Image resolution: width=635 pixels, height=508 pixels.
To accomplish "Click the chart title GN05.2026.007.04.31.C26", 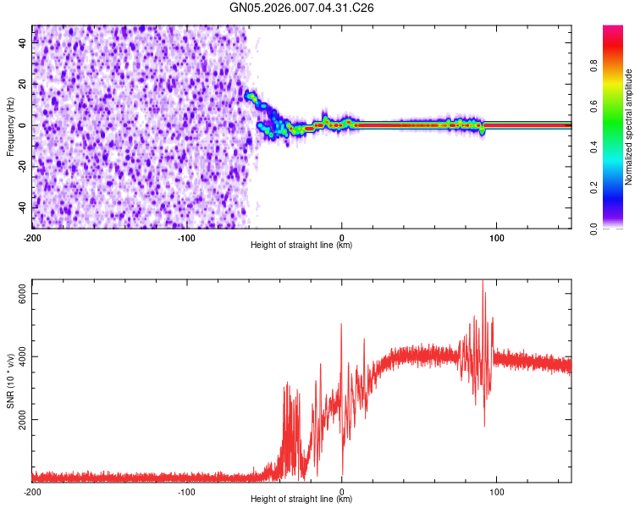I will pyautogui.click(x=302, y=8).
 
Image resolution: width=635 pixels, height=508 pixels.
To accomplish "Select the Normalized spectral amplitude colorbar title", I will pyautogui.click(x=629, y=127).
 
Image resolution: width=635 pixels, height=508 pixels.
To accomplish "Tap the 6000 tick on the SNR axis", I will pyautogui.click(x=23, y=294).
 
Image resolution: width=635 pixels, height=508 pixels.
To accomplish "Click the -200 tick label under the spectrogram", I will pyautogui.click(x=32, y=237).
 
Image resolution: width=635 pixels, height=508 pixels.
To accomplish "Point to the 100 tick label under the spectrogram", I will pyautogui.click(x=497, y=237).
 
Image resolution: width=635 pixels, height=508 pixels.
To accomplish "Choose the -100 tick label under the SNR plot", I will pyautogui.click(x=187, y=491).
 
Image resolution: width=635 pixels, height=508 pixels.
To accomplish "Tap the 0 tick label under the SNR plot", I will pyautogui.click(x=342, y=491).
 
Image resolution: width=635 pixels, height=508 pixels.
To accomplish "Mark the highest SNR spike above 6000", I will pyautogui.click(x=483, y=282).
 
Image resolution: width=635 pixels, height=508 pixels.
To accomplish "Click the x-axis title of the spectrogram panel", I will pyautogui.click(x=301, y=246).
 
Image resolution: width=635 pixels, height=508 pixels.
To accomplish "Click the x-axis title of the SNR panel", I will pyautogui.click(x=301, y=500).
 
